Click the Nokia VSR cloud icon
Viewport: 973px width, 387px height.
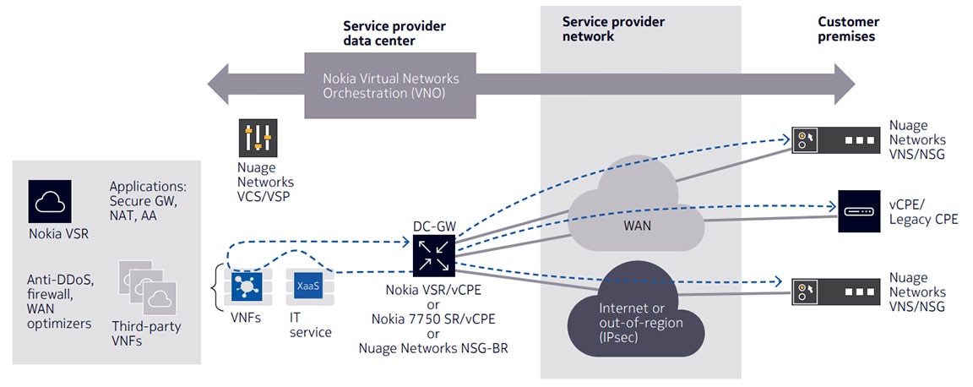point(50,201)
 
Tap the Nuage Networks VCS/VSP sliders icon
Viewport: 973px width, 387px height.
point(258,138)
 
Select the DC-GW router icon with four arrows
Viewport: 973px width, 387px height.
point(434,254)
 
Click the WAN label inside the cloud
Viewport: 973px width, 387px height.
point(638,225)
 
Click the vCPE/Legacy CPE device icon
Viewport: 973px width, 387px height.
point(859,211)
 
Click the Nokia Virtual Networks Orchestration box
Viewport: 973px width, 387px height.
point(390,85)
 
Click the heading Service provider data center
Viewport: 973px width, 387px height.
point(394,34)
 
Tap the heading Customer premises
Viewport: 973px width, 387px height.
point(848,30)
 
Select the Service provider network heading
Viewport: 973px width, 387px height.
point(613,30)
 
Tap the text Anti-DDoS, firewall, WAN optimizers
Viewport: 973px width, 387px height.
point(61,302)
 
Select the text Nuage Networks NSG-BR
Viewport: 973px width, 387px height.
point(433,348)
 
